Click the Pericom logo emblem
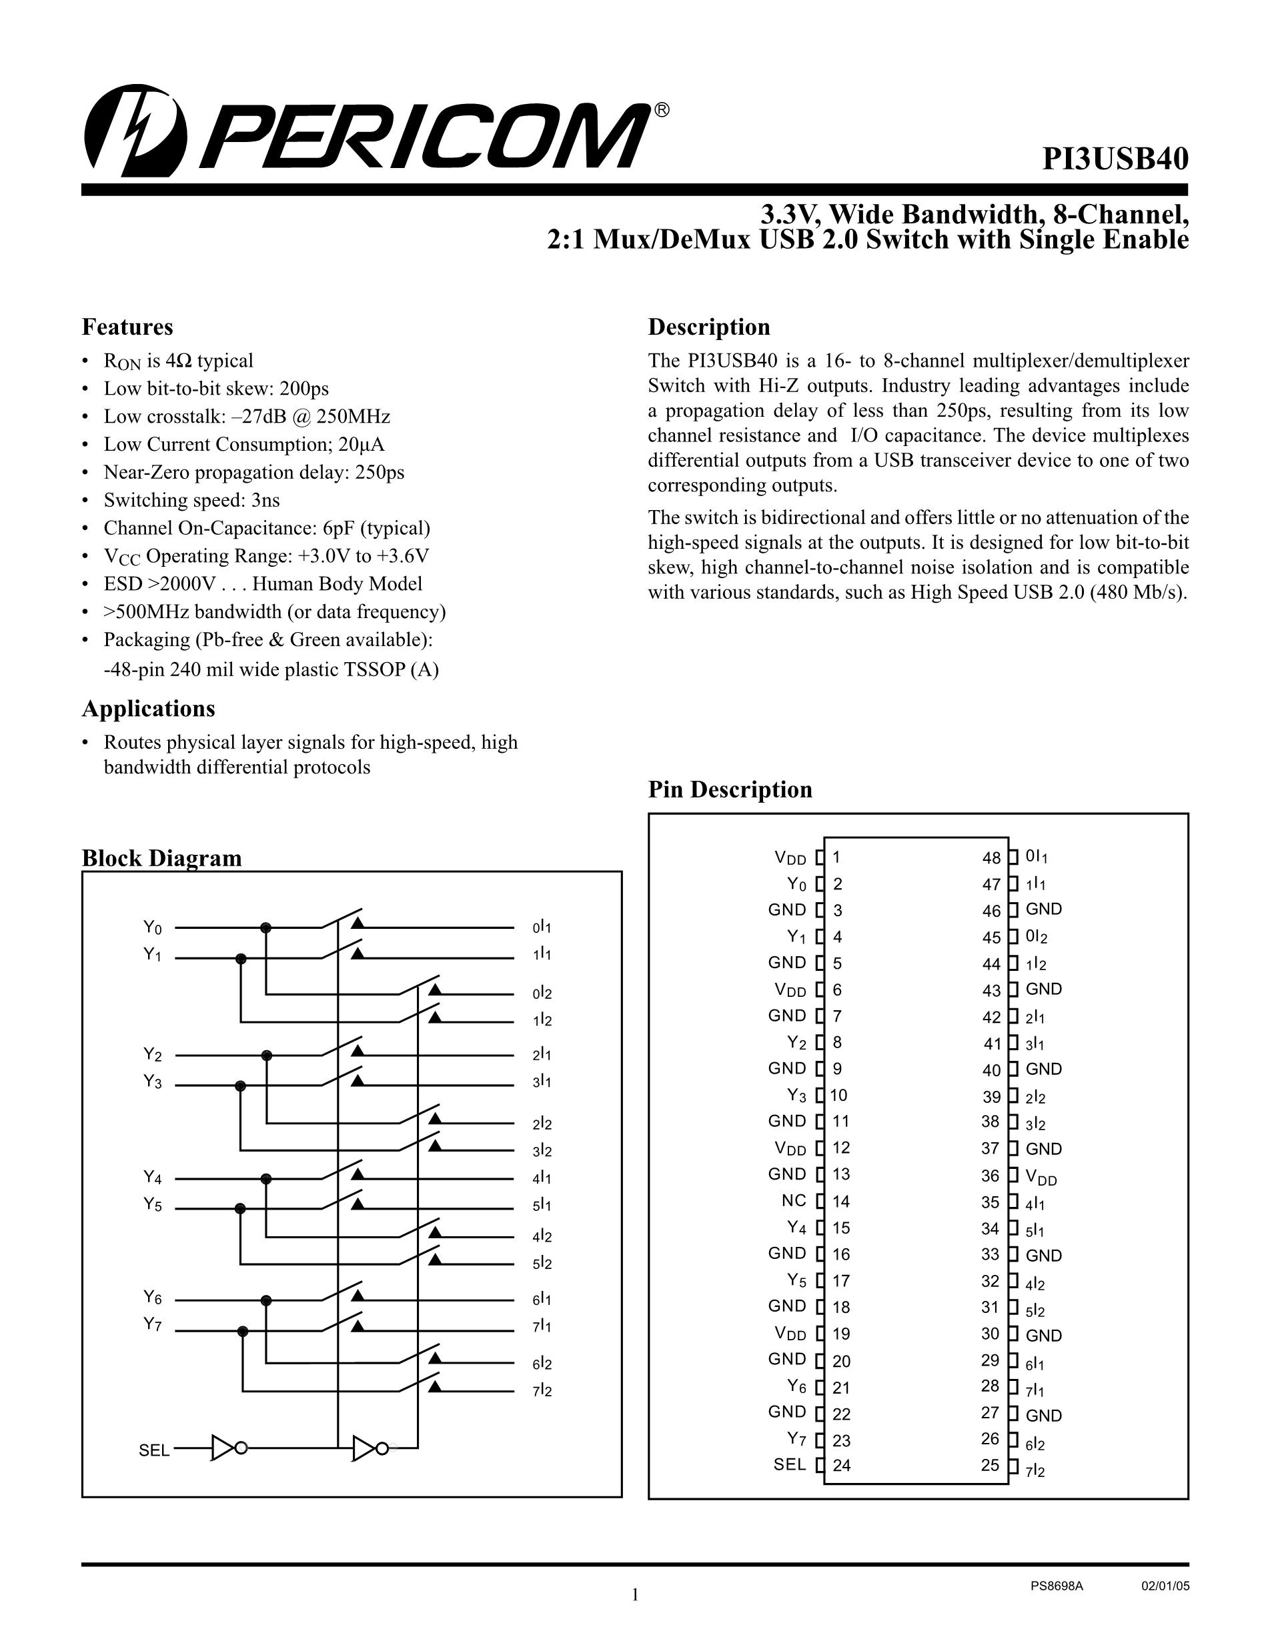click(135, 129)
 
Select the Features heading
click(127, 327)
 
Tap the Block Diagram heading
click(162, 858)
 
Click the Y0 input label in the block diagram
click(153, 928)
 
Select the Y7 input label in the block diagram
click(153, 1325)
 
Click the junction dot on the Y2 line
click(265, 1056)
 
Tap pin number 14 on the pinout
click(840, 1202)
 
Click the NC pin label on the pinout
click(794, 1201)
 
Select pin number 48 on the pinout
click(992, 858)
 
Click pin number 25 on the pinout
click(991, 1466)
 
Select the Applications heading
click(148, 709)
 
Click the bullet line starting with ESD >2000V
click(263, 583)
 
